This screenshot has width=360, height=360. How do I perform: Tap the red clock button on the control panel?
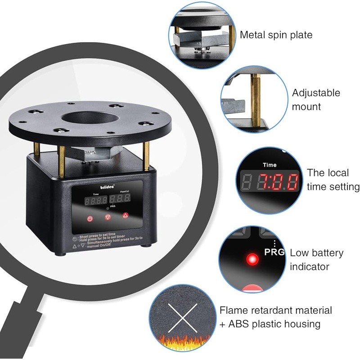click(90, 219)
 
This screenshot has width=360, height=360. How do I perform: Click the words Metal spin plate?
click(276, 35)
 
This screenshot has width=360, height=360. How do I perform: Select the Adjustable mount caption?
click(316, 99)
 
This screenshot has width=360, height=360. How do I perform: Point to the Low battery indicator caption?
click(316, 260)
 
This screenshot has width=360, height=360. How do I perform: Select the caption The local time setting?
click(333, 180)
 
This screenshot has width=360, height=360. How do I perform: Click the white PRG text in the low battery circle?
click(275, 252)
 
